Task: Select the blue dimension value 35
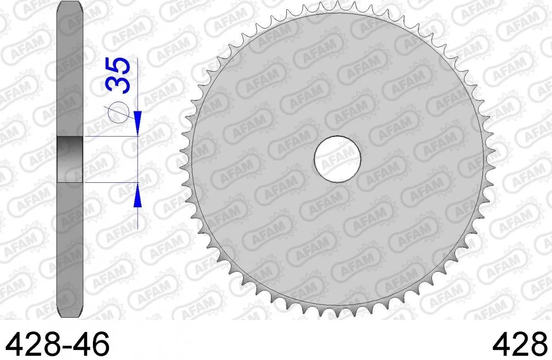coord(117,75)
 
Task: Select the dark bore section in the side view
coord(69,159)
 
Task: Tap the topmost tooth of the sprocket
coord(337,6)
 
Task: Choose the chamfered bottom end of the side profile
coord(69,313)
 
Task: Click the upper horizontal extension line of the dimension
coord(110,136)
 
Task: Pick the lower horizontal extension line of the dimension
coord(110,183)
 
